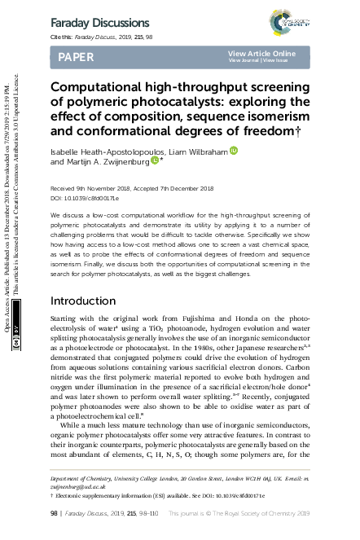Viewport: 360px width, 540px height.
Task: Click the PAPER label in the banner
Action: pyautogui.click(x=76, y=57)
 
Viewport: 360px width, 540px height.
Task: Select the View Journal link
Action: pyautogui.click(x=244, y=60)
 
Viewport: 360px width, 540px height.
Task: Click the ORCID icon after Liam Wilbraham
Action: pyautogui.click(x=234, y=151)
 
